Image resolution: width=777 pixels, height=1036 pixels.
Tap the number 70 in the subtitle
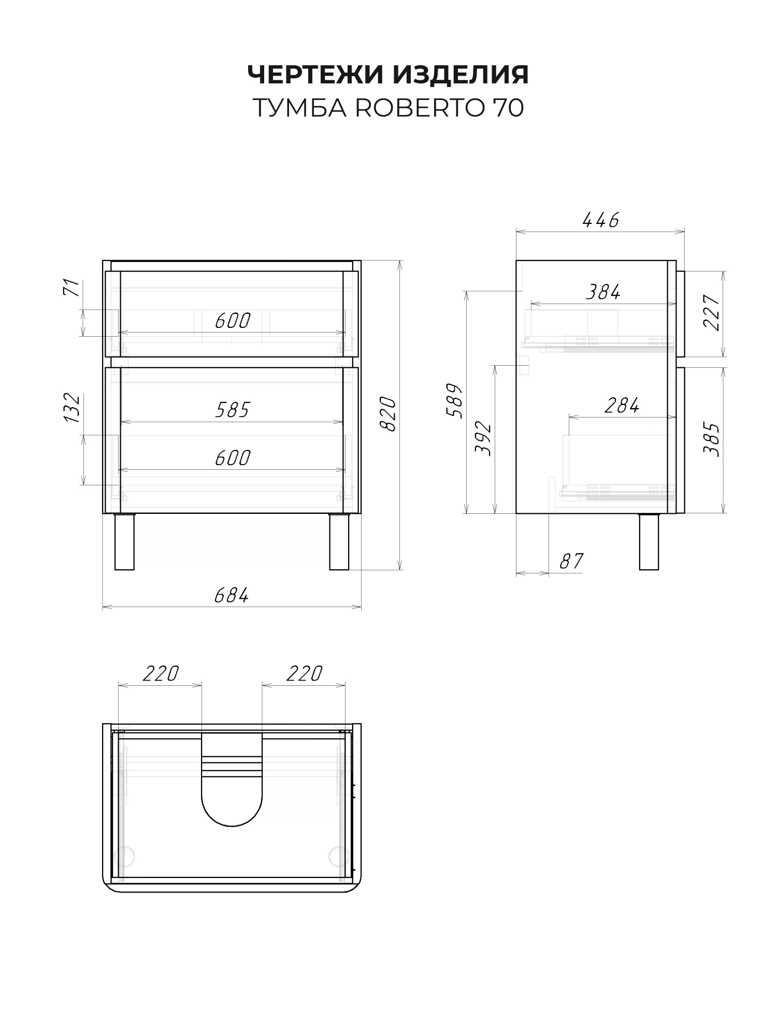tap(508, 108)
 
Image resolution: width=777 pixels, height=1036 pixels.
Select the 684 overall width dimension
tap(232, 596)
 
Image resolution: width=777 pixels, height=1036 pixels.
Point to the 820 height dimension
tap(388, 414)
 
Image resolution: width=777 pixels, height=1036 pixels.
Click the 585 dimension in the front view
tap(233, 410)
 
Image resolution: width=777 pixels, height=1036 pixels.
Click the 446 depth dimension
tap(601, 221)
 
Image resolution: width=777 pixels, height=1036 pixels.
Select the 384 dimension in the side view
tap(603, 293)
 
